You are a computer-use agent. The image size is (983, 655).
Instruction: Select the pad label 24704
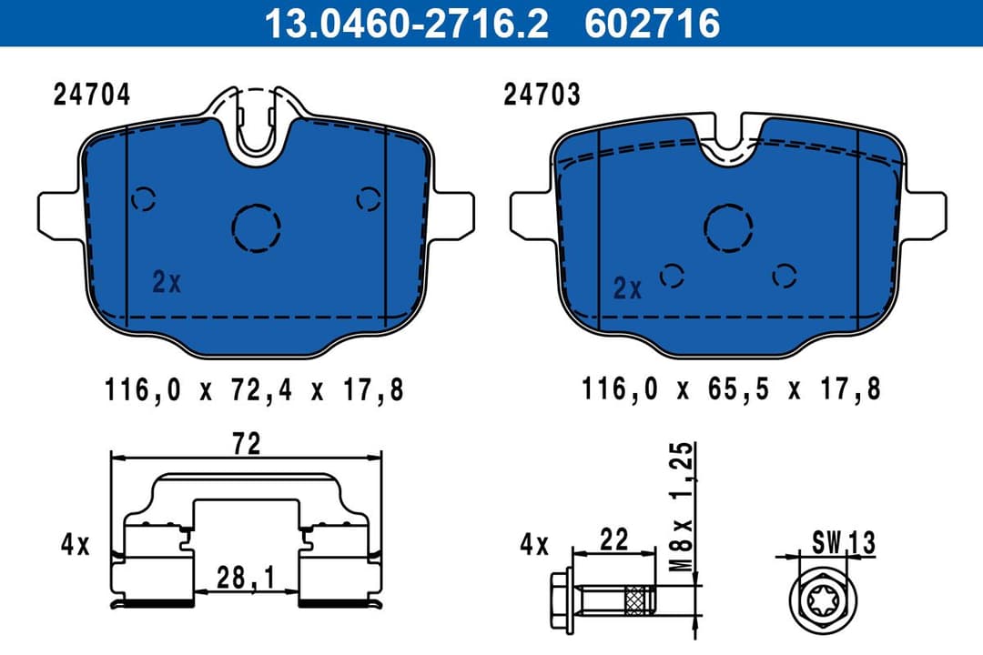tap(92, 96)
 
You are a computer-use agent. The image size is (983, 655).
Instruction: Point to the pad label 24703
tap(542, 96)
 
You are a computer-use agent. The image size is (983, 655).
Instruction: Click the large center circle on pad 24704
tap(257, 226)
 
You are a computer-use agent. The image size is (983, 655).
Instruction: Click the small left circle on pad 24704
tap(144, 198)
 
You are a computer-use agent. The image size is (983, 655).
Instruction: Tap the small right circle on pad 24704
tap(369, 198)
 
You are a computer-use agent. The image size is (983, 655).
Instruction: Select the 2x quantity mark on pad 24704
tap(167, 283)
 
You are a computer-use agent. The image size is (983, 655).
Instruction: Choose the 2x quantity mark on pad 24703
tap(627, 289)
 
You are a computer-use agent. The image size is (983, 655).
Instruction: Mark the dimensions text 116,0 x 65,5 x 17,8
tap(731, 391)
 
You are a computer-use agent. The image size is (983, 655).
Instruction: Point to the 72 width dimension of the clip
tap(247, 444)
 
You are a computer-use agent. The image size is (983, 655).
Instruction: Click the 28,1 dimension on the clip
tap(245, 576)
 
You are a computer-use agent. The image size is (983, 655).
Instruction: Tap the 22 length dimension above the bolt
tap(614, 539)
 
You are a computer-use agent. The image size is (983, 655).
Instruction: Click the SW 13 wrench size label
tap(842, 544)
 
